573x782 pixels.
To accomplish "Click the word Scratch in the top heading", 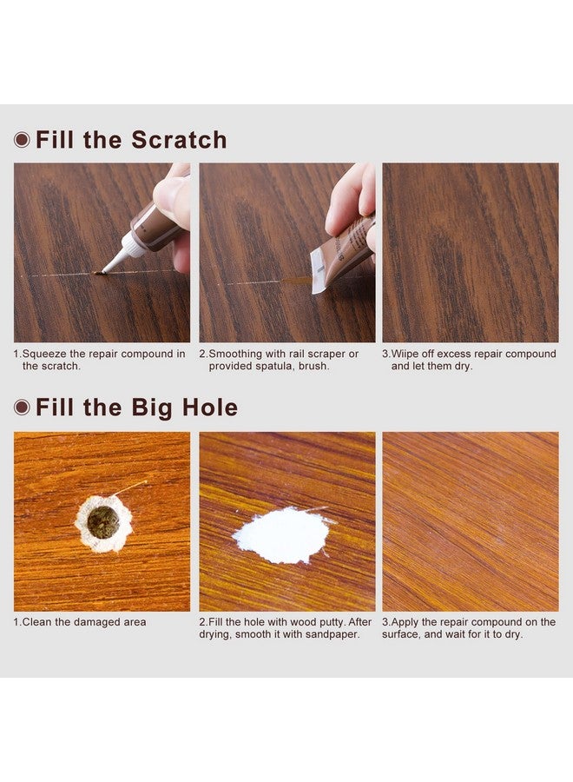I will [179, 140].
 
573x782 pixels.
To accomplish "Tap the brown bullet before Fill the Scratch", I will [22, 140].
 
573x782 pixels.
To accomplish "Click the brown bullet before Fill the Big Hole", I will [22, 408].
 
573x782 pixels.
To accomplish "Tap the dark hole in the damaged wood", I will [103, 521].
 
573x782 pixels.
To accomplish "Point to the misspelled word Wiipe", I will [405, 354].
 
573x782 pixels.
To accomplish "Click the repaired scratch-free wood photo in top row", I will [470, 252].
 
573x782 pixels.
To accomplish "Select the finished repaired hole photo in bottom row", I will [470, 521].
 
